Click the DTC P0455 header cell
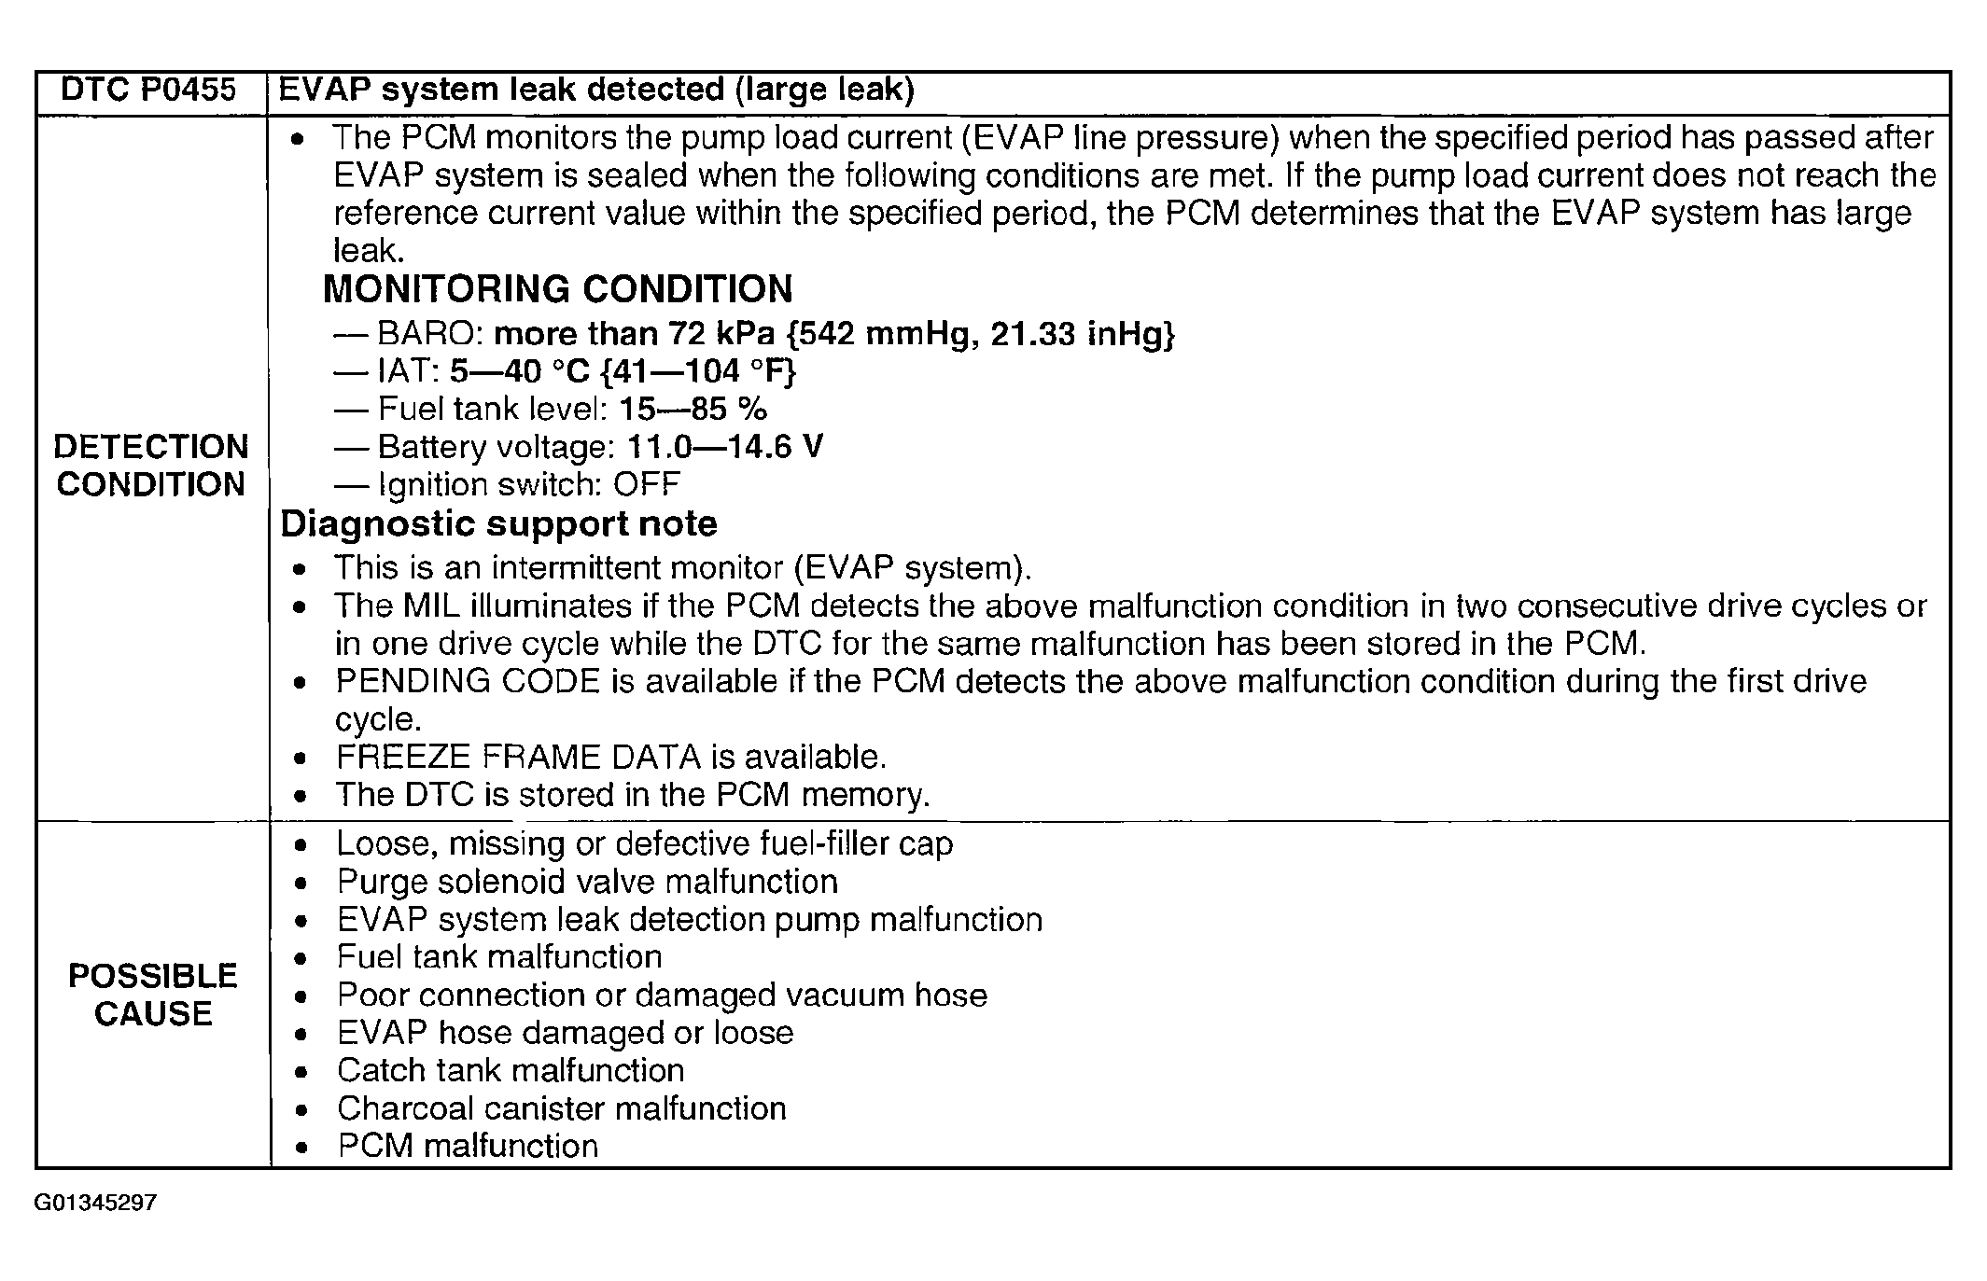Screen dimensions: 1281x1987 (x=148, y=91)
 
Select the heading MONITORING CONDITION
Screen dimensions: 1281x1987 (x=557, y=289)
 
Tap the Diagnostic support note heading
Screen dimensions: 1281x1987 (x=498, y=524)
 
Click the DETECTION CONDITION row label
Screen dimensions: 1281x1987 (x=150, y=466)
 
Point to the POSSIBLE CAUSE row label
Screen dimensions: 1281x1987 (x=153, y=995)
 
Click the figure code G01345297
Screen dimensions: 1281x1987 (x=95, y=1203)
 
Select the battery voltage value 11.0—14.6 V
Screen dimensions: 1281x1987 (x=724, y=447)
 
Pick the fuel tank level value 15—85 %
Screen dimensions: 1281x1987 (x=693, y=409)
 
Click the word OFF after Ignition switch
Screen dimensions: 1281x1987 (x=647, y=485)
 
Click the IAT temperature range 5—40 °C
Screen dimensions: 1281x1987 (x=520, y=371)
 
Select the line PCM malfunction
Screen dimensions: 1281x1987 (x=467, y=1146)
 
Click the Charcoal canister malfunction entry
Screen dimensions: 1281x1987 (x=561, y=1108)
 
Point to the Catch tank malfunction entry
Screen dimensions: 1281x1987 (x=511, y=1070)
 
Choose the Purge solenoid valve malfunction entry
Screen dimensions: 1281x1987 (x=587, y=882)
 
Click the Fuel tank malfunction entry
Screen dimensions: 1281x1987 (x=499, y=957)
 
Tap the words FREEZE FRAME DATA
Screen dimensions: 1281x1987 (x=518, y=757)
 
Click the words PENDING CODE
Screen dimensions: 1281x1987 (x=467, y=681)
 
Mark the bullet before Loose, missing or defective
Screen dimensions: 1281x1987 (x=300, y=845)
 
